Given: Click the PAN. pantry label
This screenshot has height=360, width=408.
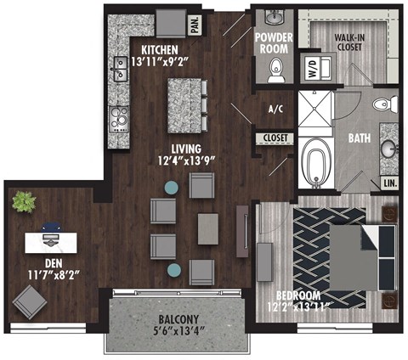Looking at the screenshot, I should [x=194, y=25].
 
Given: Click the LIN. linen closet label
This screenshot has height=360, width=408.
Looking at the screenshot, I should [x=389, y=183].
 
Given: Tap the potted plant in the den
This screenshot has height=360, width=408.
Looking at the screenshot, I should [x=23, y=202].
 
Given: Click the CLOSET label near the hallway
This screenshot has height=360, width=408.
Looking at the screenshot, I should [x=275, y=138].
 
